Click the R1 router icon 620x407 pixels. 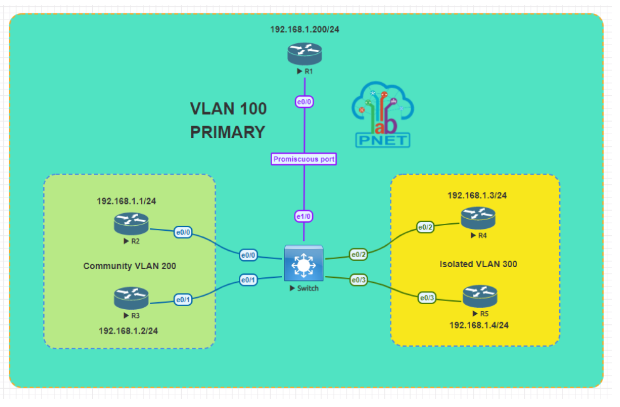coord(305,53)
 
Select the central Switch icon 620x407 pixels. coord(304,263)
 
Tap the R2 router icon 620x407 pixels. coord(131,223)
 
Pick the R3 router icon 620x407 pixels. coord(131,297)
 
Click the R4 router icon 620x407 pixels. coord(478,217)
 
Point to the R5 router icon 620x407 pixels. coord(480,295)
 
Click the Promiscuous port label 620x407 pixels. coord(304,159)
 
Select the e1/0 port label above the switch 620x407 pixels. coord(304,216)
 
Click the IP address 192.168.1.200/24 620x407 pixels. coord(305,29)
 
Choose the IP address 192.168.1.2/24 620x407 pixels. coord(129,330)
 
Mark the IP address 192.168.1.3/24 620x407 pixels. coord(477,195)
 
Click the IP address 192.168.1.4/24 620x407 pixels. coord(479,325)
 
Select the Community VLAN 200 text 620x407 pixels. coord(130,266)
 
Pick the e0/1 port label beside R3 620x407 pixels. coord(184,300)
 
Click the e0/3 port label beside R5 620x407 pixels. coord(427,297)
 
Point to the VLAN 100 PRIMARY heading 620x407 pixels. coord(228,120)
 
